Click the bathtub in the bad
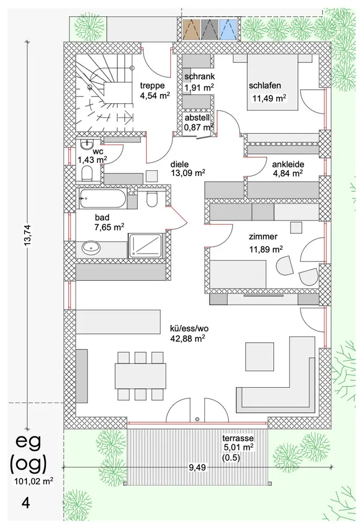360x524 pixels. (x=102, y=199)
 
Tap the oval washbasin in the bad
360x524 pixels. (x=91, y=248)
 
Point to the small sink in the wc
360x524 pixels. (x=87, y=145)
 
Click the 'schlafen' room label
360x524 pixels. (x=265, y=85)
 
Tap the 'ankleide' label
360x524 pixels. (x=288, y=165)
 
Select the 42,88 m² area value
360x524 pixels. (x=188, y=338)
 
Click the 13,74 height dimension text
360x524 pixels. (x=28, y=235)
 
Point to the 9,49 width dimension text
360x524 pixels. (x=197, y=467)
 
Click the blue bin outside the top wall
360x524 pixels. (x=228, y=29)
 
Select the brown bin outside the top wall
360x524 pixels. (x=191, y=29)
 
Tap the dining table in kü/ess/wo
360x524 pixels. (x=140, y=376)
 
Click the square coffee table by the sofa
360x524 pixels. (x=260, y=356)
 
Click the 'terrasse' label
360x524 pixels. (x=238, y=438)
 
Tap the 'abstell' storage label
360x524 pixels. (x=197, y=117)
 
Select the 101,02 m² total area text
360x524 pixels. (x=34, y=481)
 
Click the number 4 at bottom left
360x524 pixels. (x=26, y=503)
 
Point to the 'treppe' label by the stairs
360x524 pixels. (x=152, y=85)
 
